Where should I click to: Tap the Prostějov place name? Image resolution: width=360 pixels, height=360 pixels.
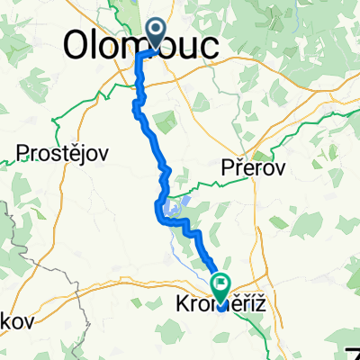[61, 153]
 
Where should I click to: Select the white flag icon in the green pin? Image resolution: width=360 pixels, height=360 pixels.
[221, 285]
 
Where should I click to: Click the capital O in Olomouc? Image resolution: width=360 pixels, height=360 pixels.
[80, 42]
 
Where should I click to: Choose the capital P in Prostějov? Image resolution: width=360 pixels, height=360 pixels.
[22, 153]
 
